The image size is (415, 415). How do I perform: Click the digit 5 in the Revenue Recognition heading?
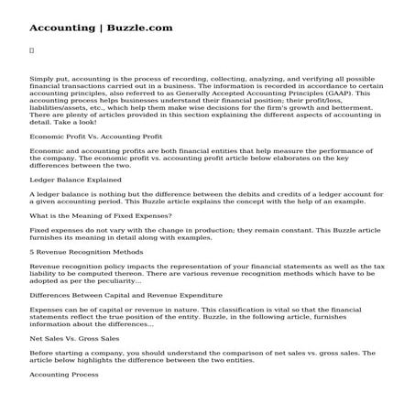point(31,251)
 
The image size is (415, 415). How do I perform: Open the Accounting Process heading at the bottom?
point(64,375)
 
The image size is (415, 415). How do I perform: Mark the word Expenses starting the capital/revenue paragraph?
point(47,311)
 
